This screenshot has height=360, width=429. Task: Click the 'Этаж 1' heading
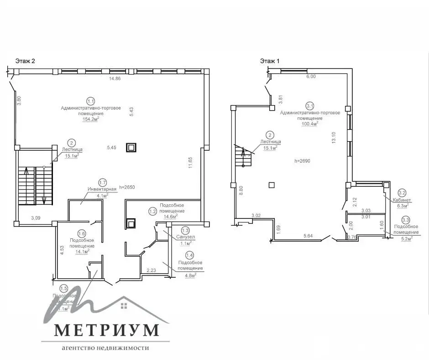(x=270, y=60)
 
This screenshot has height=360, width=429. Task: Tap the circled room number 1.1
(x=91, y=101)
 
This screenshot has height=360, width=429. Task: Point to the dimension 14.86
(x=115, y=79)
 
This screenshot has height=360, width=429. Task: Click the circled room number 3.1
(x=310, y=105)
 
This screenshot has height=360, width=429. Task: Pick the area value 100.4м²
(x=310, y=123)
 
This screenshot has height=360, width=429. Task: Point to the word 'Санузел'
(x=185, y=237)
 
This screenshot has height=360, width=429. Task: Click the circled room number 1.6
(x=82, y=233)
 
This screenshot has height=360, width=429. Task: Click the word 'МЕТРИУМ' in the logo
(x=107, y=329)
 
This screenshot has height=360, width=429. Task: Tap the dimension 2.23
(x=152, y=270)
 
